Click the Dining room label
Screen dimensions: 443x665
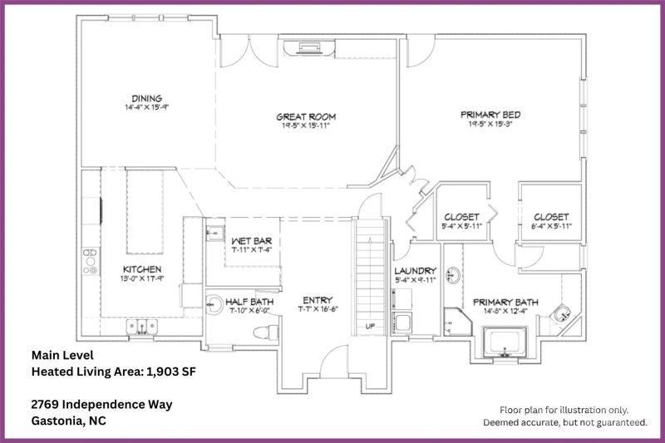[145, 98]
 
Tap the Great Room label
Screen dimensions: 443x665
[306, 117]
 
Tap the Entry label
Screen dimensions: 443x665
[318, 300]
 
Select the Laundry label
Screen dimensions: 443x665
[416, 271]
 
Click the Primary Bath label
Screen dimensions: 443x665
[505, 302]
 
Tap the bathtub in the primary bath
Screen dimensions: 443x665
[506, 342]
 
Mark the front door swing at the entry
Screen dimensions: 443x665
[330, 359]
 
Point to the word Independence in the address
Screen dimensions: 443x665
[103, 405]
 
